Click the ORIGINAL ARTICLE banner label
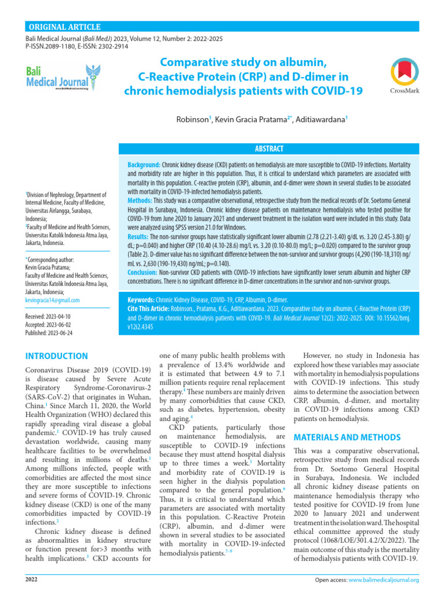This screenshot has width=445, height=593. [64, 27]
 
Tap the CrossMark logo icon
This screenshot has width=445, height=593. [405, 72]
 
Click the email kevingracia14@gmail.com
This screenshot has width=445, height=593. [53, 301]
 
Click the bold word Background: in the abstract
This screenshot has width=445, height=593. [144, 165]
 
